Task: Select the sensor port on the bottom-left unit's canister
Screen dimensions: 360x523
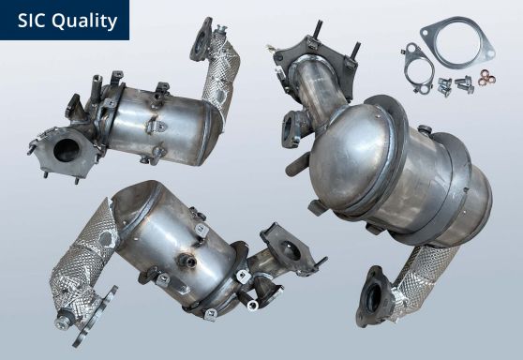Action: pyautogui.click(x=201, y=225)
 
